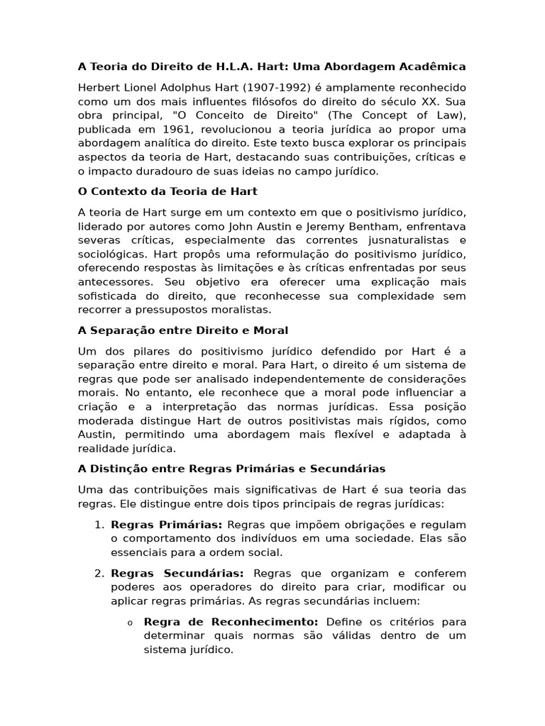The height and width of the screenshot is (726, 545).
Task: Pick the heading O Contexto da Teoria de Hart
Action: [x=167, y=191]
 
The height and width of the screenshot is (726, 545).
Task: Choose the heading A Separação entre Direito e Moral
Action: [x=183, y=330]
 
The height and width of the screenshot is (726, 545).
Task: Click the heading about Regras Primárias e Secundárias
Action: [x=231, y=468]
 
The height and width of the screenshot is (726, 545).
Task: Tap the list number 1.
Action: [x=99, y=525]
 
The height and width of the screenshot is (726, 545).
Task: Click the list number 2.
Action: [x=99, y=573]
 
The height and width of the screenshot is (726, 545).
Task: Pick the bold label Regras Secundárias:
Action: [x=177, y=573]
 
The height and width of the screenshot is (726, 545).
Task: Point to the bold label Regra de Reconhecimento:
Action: [x=231, y=622]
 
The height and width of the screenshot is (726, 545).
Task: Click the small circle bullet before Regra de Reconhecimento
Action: [x=130, y=622]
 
